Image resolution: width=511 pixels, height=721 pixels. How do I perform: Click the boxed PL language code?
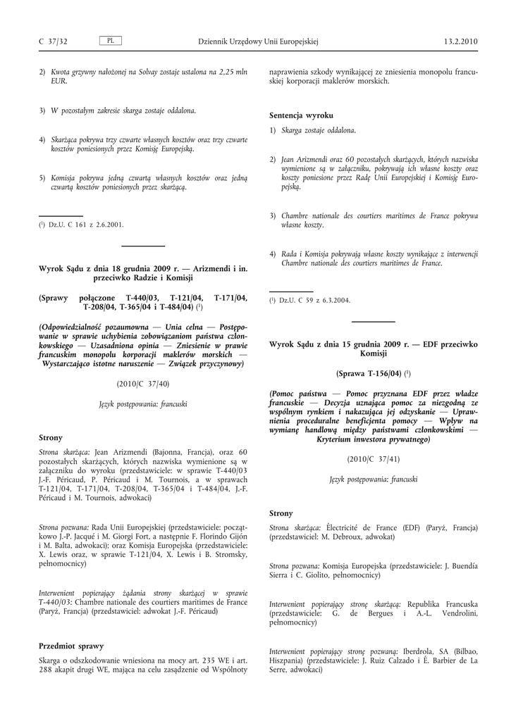[111, 41]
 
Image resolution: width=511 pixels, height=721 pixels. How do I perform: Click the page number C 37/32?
[53, 42]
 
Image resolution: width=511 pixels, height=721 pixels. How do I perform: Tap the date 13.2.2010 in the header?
[461, 42]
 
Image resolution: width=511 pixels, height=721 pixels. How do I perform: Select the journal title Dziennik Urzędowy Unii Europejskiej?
[259, 42]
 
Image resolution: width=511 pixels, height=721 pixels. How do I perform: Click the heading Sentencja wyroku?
[301, 115]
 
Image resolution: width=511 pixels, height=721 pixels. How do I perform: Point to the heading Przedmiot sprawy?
[71, 646]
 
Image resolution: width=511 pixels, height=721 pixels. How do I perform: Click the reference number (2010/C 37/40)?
[143, 384]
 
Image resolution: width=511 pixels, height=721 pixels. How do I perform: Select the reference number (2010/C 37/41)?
[374, 458]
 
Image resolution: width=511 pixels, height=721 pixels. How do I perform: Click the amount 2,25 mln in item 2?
[233, 72]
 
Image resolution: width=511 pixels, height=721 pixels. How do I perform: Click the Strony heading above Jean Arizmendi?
[50, 437]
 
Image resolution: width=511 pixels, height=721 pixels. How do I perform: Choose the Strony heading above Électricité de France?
[281, 513]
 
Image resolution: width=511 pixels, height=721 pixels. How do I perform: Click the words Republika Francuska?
[443, 604]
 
